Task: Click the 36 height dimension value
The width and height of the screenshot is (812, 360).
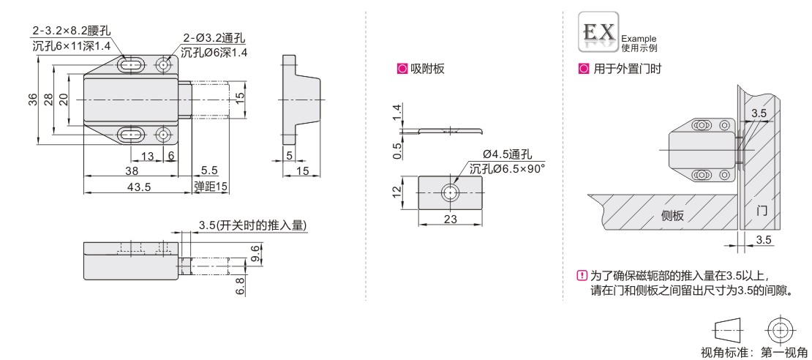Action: click(32, 99)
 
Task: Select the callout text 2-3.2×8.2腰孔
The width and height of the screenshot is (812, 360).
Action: click(72, 31)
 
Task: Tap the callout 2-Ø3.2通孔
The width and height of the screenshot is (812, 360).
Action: click(214, 38)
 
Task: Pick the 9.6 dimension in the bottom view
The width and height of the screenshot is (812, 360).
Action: click(255, 254)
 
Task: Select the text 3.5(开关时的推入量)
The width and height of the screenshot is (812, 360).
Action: click(252, 225)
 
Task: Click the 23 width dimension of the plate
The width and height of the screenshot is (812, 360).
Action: click(451, 219)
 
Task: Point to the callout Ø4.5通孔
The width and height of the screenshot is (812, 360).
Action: click(507, 155)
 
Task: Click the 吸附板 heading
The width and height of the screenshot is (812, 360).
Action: click(427, 68)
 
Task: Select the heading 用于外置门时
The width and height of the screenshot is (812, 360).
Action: click(627, 68)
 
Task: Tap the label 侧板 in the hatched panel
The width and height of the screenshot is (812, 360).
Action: click(673, 216)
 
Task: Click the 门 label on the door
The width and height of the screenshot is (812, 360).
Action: click(762, 211)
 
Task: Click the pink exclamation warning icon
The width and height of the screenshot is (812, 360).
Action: click(582, 276)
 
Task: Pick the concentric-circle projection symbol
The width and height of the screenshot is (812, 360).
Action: click(778, 329)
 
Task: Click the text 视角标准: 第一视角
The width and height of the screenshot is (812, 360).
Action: click(753, 353)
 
